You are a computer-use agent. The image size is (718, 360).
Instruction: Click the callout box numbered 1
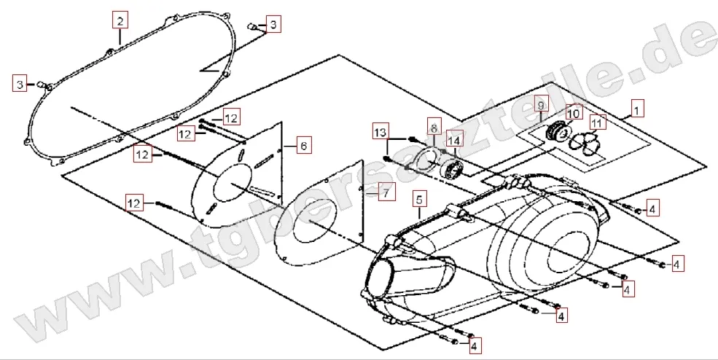(x=636, y=111)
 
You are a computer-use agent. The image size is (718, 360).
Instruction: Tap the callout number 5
(x=419, y=198)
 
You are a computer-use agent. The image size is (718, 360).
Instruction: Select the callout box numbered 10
(x=572, y=114)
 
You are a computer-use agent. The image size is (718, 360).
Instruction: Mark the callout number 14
(x=455, y=141)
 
